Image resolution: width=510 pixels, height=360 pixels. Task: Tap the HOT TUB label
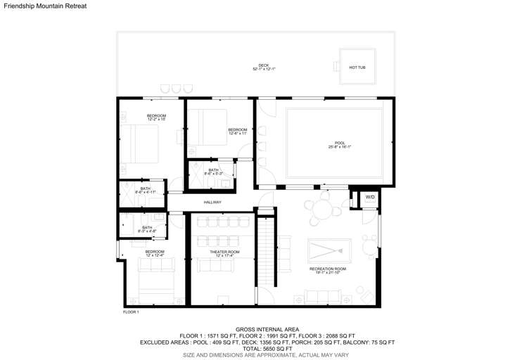click(x=357, y=67)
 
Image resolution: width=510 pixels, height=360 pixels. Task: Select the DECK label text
click(x=264, y=67)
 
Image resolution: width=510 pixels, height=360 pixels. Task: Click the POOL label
click(x=340, y=144)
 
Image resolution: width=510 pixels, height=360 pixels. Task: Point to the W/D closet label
click(x=370, y=198)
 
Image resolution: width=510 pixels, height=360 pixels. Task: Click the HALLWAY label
click(x=212, y=202)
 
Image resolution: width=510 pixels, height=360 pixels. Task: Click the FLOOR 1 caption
click(x=132, y=311)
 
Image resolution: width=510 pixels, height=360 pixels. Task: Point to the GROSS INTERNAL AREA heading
click(x=267, y=329)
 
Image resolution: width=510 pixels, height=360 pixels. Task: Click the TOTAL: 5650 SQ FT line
click(x=267, y=349)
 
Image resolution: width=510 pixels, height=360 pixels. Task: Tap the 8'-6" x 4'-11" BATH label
click(x=146, y=190)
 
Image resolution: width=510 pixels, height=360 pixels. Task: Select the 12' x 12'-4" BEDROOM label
click(x=155, y=253)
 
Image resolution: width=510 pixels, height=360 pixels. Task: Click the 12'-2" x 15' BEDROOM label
click(x=156, y=117)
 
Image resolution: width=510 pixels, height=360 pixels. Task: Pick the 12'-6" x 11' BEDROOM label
click(x=238, y=131)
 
